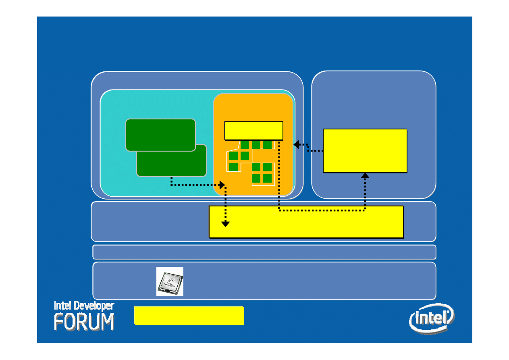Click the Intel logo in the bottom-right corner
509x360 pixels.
click(x=432, y=318)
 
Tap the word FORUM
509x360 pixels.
click(x=84, y=322)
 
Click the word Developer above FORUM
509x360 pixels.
click(x=95, y=306)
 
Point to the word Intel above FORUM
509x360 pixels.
click(x=64, y=306)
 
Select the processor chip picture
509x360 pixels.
click(x=170, y=281)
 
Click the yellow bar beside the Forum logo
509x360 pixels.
click(x=189, y=315)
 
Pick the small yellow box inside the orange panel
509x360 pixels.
click(x=253, y=131)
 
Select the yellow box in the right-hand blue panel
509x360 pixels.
click(x=365, y=151)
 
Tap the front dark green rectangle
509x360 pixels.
click(x=160, y=135)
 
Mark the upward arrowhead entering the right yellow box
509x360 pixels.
click(x=365, y=175)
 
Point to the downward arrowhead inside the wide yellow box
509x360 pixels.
click(x=226, y=224)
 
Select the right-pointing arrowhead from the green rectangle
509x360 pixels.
click(x=222, y=185)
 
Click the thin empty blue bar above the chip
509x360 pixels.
click(x=264, y=252)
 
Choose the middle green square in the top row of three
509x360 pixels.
click(x=256, y=144)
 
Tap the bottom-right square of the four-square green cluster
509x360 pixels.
click(x=267, y=178)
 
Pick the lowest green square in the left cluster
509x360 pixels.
click(x=233, y=167)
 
